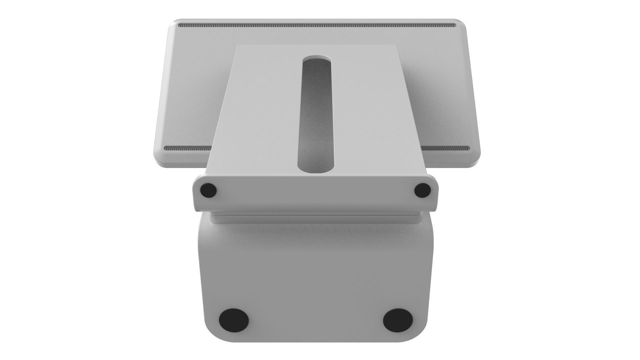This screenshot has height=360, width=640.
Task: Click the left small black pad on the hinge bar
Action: (x=208, y=191)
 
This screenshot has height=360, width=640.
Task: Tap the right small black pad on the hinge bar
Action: (x=422, y=190)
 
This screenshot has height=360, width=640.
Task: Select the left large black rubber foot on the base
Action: (x=234, y=320)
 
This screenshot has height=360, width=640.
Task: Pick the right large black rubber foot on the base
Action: (x=398, y=320)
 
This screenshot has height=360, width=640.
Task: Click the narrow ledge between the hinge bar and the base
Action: (x=315, y=218)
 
